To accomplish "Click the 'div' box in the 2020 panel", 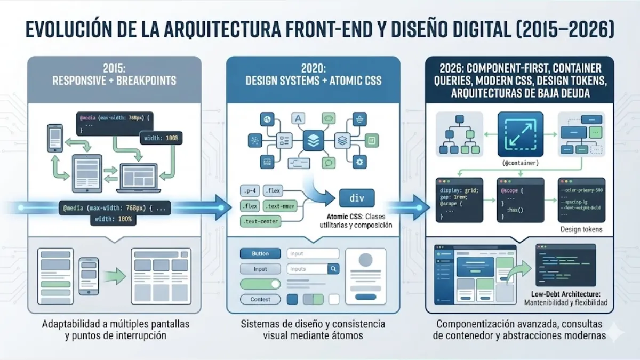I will click(357, 198).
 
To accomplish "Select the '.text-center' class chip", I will click(261, 221).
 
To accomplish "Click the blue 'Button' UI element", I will click(260, 253).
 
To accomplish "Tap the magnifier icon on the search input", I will click(333, 269).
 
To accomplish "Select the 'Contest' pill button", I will click(260, 299).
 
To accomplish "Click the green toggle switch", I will click(260, 284).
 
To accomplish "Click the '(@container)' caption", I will click(520, 163).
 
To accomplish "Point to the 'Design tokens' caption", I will click(581, 229).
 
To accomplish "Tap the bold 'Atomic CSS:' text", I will click(345, 217).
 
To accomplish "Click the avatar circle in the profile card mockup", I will click(365, 260).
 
